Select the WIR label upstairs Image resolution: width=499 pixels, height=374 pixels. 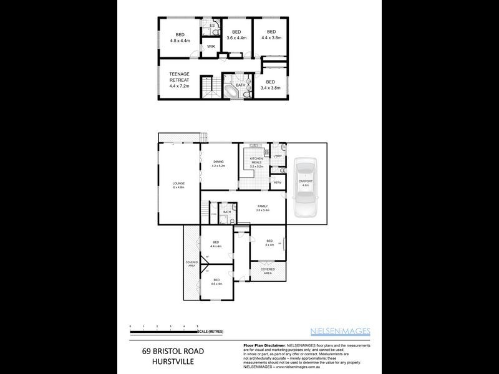pyautogui.click(x=211, y=46)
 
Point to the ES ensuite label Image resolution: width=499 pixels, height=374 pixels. pyautogui.click(x=213, y=26)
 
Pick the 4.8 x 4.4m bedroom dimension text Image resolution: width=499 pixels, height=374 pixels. pyautogui.click(x=180, y=41)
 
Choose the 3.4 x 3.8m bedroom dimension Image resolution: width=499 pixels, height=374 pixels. pyautogui.click(x=270, y=88)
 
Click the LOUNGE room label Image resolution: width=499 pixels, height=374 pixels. pyautogui.click(x=179, y=183)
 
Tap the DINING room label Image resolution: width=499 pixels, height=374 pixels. pyautogui.click(x=218, y=162)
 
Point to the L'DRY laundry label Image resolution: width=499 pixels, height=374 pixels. pyautogui.click(x=278, y=156)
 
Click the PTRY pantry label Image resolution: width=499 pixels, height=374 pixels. pyautogui.click(x=278, y=182)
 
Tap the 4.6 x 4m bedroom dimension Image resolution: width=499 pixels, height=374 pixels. pyautogui.click(x=216, y=284)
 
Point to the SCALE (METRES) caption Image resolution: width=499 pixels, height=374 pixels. pyautogui.click(x=211, y=332)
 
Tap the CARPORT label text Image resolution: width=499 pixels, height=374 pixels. pyautogui.click(x=306, y=181)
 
